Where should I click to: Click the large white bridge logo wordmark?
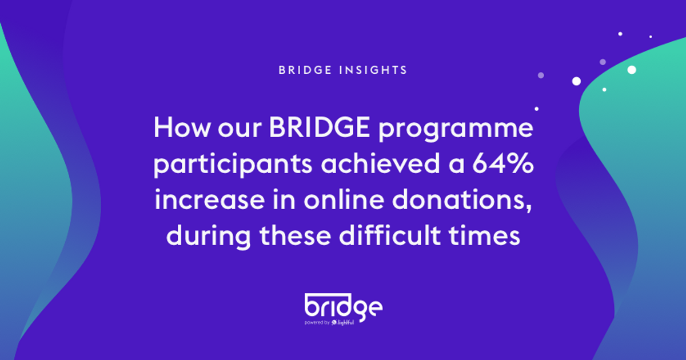(342, 306)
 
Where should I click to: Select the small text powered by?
(317, 322)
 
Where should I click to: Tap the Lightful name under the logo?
(346, 322)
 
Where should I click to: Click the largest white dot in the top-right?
(632, 70)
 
